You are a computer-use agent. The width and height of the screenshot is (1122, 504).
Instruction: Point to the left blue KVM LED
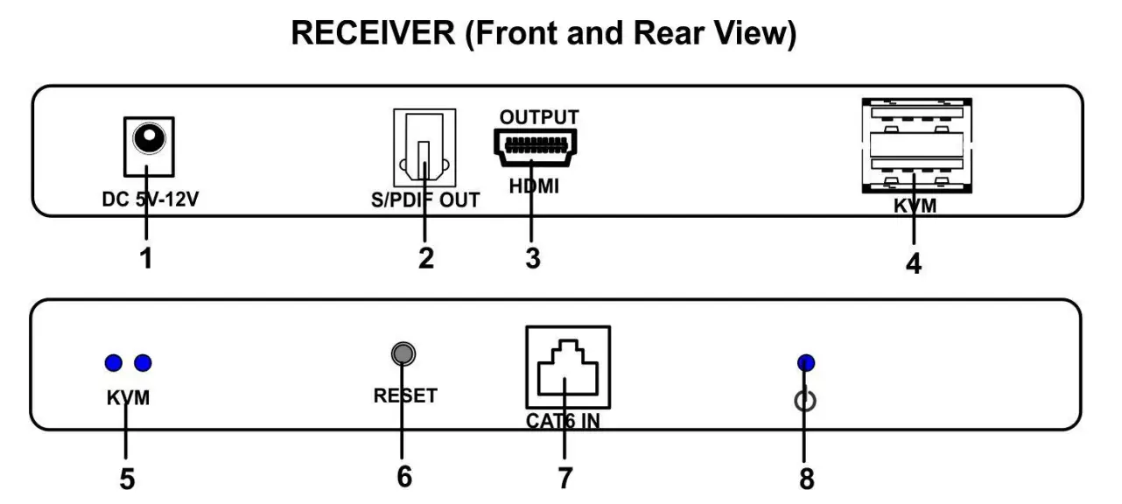click(111, 362)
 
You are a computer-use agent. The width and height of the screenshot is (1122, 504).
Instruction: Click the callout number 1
click(145, 260)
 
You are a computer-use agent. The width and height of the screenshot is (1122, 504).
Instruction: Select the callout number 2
click(425, 260)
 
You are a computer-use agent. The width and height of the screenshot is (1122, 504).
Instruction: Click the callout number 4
click(913, 263)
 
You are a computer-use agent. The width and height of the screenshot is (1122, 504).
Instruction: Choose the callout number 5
click(127, 479)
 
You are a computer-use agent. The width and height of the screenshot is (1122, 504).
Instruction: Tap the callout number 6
click(403, 477)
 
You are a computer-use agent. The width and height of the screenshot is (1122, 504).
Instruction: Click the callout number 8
click(806, 479)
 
